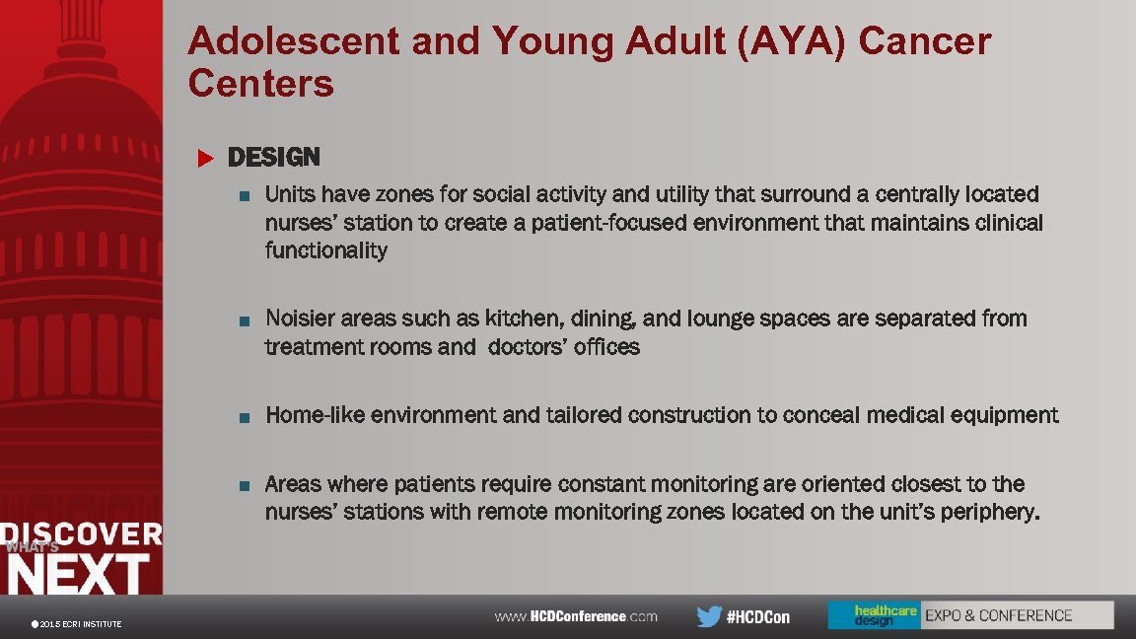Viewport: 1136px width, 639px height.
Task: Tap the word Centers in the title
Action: [x=261, y=85]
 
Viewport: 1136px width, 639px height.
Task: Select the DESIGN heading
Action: [x=274, y=158]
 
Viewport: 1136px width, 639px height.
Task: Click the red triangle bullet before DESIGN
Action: [x=205, y=158]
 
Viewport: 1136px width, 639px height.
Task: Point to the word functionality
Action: [x=326, y=250]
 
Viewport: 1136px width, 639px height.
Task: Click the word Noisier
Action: [x=300, y=319]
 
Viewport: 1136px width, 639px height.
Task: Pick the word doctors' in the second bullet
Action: [x=528, y=347]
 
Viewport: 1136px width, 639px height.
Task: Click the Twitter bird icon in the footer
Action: [x=708, y=616]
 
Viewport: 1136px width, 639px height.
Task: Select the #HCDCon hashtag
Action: [x=758, y=617]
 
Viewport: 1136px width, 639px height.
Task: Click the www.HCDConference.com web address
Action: [x=576, y=616]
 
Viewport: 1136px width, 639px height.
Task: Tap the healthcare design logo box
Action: [x=873, y=615]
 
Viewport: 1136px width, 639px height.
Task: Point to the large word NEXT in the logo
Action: [x=79, y=574]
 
